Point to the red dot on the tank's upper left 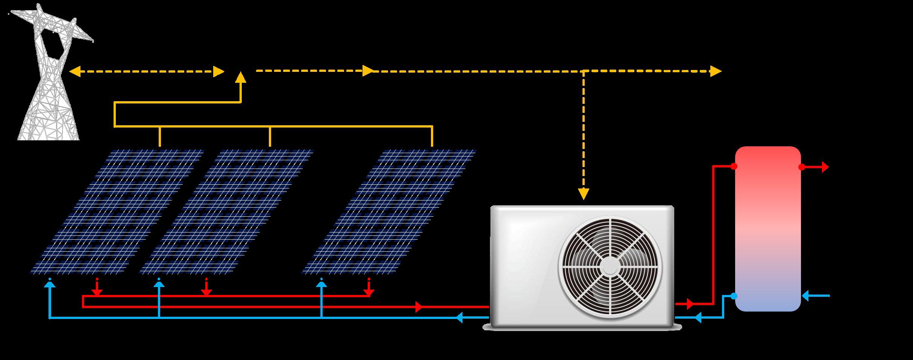734,166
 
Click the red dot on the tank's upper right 802,167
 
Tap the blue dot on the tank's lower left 734,296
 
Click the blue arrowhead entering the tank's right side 805,296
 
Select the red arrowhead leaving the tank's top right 825,167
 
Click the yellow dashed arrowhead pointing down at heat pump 584,194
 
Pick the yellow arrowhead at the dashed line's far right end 716,71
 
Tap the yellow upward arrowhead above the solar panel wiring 241,77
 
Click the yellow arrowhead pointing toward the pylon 75,71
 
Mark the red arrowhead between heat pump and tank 690,303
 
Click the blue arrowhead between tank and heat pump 698,317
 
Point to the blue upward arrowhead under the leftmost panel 50,284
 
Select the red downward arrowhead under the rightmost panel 369,292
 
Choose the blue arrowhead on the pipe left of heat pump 460,317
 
